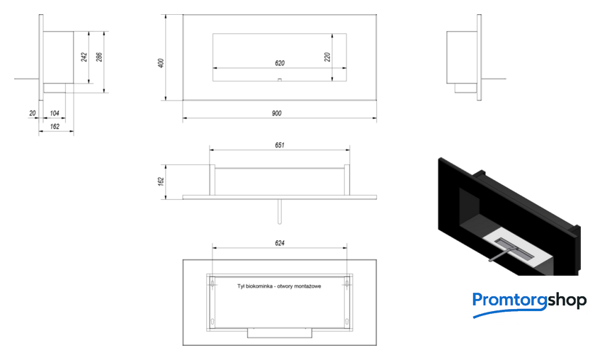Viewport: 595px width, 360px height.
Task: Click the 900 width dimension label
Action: pyautogui.click(x=277, y=113)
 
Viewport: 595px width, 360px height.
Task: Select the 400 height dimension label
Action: pyautogui.click(x=161, y=63)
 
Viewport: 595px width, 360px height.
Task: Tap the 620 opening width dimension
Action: pyautogui.click(x=280, y=63)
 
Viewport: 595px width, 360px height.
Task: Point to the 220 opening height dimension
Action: pyautogui.click(x=327, y=57)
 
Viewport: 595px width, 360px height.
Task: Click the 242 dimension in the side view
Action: pyautogui.click(x=84, y=57)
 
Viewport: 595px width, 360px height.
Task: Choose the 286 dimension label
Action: pyautogui.click(x=99, y=57)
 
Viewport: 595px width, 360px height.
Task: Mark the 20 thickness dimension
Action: pyautogui.click(x=33, y=113)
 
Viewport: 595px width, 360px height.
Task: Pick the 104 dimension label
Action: pyautogui.click(x=55, y=113)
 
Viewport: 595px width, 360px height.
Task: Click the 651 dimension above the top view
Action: pyautogui.click(x=280, y=145)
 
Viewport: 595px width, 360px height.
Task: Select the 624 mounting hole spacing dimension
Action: pyautogui.click(x=280, y=243)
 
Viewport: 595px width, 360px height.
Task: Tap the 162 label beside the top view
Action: pyautogui.click(x=161, y=181)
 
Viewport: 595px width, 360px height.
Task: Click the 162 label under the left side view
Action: pyautogui.click(x=55, y=126)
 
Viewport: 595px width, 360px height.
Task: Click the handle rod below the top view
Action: pyautogui.click(x=280, y=211)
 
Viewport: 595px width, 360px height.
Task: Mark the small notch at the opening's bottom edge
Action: pyautogui.click(x=280, y=80)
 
